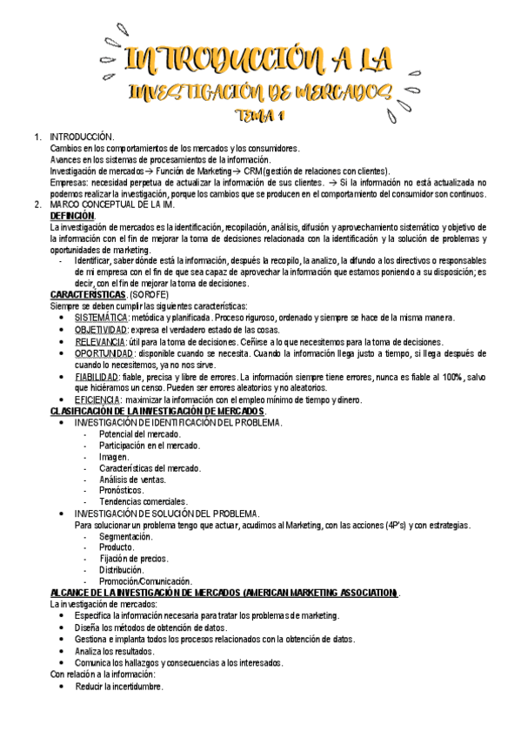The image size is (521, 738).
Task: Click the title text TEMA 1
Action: pos(261,116)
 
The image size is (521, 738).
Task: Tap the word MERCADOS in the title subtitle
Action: pos(331,91)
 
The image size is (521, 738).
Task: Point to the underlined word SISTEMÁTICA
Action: pos(102,319)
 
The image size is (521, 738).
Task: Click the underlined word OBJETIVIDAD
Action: pos(100,331)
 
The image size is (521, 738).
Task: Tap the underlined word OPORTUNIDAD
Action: pos(104,354)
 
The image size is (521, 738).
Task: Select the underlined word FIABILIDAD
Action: pos(97,377)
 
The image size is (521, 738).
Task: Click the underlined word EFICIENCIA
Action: pos(97,399)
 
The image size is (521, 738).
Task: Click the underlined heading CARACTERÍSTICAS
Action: pos(88,295)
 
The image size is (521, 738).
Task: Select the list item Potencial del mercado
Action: pos(140,433)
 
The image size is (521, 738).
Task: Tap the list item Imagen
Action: pos(114,456)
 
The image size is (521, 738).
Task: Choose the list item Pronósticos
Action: pos(122,490)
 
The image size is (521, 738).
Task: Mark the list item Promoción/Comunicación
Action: pos(145,581)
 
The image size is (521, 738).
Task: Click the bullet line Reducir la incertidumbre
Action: pos(118,686)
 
